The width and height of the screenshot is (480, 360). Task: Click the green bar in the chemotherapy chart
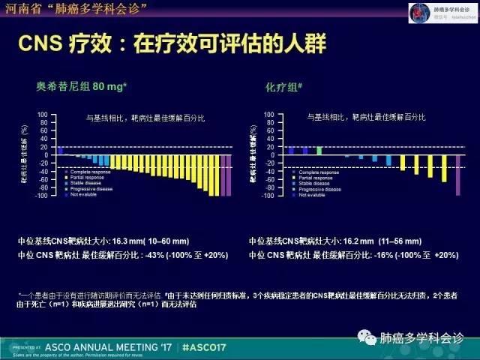tap(319, 150)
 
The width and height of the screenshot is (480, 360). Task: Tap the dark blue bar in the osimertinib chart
tap(60, 150)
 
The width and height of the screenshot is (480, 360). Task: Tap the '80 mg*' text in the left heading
tap(109, 87)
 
